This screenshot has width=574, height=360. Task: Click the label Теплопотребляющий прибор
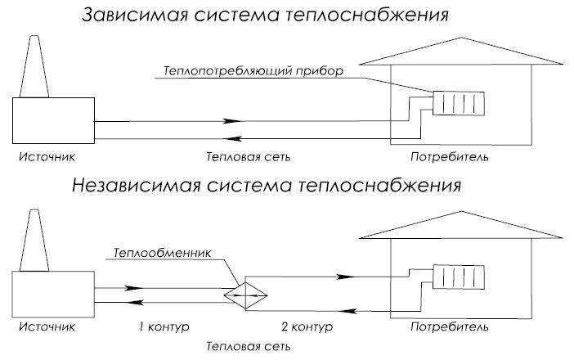(253, 70)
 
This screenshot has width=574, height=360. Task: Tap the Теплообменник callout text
(162, 253)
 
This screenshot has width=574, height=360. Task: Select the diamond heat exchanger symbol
(245, 295)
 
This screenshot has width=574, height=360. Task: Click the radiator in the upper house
(459, 103)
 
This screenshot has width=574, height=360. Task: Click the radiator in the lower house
(459, 277)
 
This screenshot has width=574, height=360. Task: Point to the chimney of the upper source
(34, 66)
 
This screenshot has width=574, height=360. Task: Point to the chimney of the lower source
(34, 241)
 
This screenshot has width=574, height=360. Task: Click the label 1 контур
(164, 326)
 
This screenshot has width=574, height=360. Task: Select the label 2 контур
(307, 326)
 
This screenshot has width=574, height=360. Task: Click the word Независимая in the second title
(137, 185)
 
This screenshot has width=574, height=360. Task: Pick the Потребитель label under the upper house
(450, 157)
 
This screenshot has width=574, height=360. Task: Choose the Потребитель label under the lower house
(450, 326)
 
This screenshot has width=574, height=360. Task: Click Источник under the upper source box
(47, 157)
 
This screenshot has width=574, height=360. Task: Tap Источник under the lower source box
(47, 326)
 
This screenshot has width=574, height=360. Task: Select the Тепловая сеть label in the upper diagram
(249, 157)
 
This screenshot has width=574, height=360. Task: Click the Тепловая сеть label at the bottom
(249, 346)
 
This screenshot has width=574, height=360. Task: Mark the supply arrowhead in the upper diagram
(232, 121)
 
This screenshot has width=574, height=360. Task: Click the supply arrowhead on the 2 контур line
(346, 277)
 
